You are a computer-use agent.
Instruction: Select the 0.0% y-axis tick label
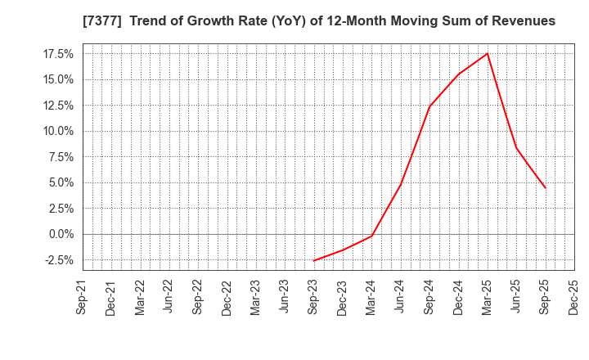pyautogui.click(x=60, y=234)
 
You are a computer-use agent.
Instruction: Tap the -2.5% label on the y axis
pyautogui.click(x=58, y=260)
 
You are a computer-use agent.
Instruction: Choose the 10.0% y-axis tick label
pyautogui.click(x=57, y=131)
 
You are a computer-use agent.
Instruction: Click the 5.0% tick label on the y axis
pyautogui.click(x=60, y=182)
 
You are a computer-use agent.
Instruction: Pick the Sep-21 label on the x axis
pyautogui.click(x=83, y=297)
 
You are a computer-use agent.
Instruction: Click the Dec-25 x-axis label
pyautogui.click(x=574, y=297)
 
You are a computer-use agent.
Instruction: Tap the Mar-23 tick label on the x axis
pyautogui.click(x=255, y=297)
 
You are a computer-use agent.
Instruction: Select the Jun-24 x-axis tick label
pyautogui.click(x=400, y=297)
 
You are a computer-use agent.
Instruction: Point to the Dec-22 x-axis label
pyautogui.click(x=227, y=297)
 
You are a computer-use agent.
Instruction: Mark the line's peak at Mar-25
pyautogui.click(x=488, y=54)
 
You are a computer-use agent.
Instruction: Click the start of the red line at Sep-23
pyautogui.click(x=313, y=261)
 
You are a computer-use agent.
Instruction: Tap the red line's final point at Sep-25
pyautogui.click(x=545, y=188)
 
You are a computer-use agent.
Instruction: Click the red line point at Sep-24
pyautogui.click(x=429, y=106)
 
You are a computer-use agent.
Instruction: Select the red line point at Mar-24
pyautogui.click(x=371, y=236)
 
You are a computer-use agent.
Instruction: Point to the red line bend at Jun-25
pyautogui.click(x=516, y=147)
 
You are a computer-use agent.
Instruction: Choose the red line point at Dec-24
pyautogui.click(x=458, y=74)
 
